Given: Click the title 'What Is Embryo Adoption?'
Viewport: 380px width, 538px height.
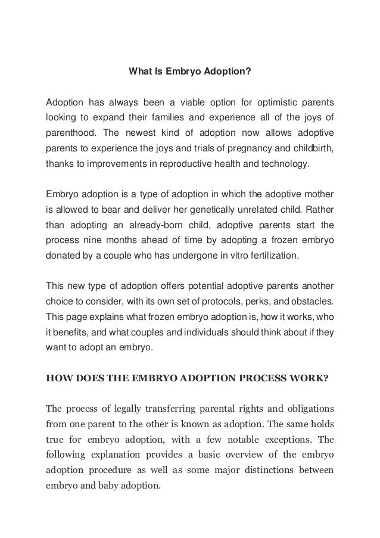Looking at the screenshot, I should [x=190, y=73].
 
